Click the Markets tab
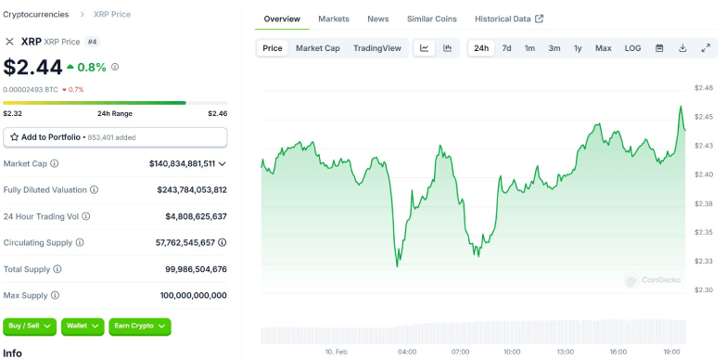(x=334, y=19)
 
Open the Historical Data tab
(x=508, y=19)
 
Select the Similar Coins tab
(x=432, y=19)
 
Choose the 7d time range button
(x=506, y=48)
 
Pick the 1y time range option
(x=578, y=48)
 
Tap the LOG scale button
(x=632, y=48)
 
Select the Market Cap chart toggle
(x=317, y=48)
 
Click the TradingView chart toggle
(x=377, y=48)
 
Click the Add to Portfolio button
(x=115, y=137)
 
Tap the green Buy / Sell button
(x=30, y=326)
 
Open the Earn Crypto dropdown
(x=140, y=326)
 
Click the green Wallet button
(x=83, y=326)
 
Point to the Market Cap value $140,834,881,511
(x=182, y=163)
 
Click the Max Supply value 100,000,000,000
(x=193, y=295)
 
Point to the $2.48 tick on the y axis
(x=703, y=87)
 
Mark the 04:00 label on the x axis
(x=406, y=353)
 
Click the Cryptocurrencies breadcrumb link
(x=36, y=14)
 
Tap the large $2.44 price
(x=33, y=67)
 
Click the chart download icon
(x=682, y=48)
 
